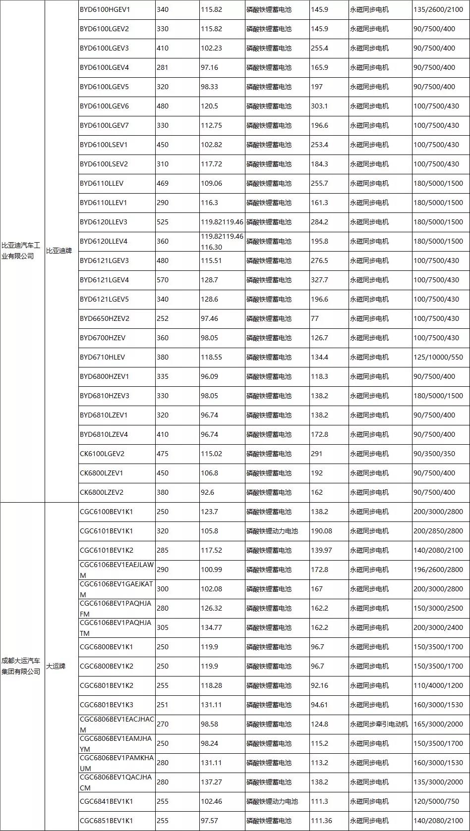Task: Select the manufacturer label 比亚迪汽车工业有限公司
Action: (18, 251)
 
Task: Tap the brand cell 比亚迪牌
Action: (59, 251)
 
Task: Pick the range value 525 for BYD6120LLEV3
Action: (163, 222)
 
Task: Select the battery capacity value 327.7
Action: (319, 280)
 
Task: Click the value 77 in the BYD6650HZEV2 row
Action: (315, 318)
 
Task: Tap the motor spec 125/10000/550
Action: (438, 357)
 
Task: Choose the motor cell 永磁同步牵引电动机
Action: (379, 724)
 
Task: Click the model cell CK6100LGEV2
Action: (102, 454)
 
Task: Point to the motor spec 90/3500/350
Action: (434, 454)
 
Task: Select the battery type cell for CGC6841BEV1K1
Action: (272, 801)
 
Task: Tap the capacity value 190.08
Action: (321, 531)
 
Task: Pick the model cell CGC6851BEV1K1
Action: (107, 821)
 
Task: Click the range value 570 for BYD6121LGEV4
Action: (163, 280)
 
